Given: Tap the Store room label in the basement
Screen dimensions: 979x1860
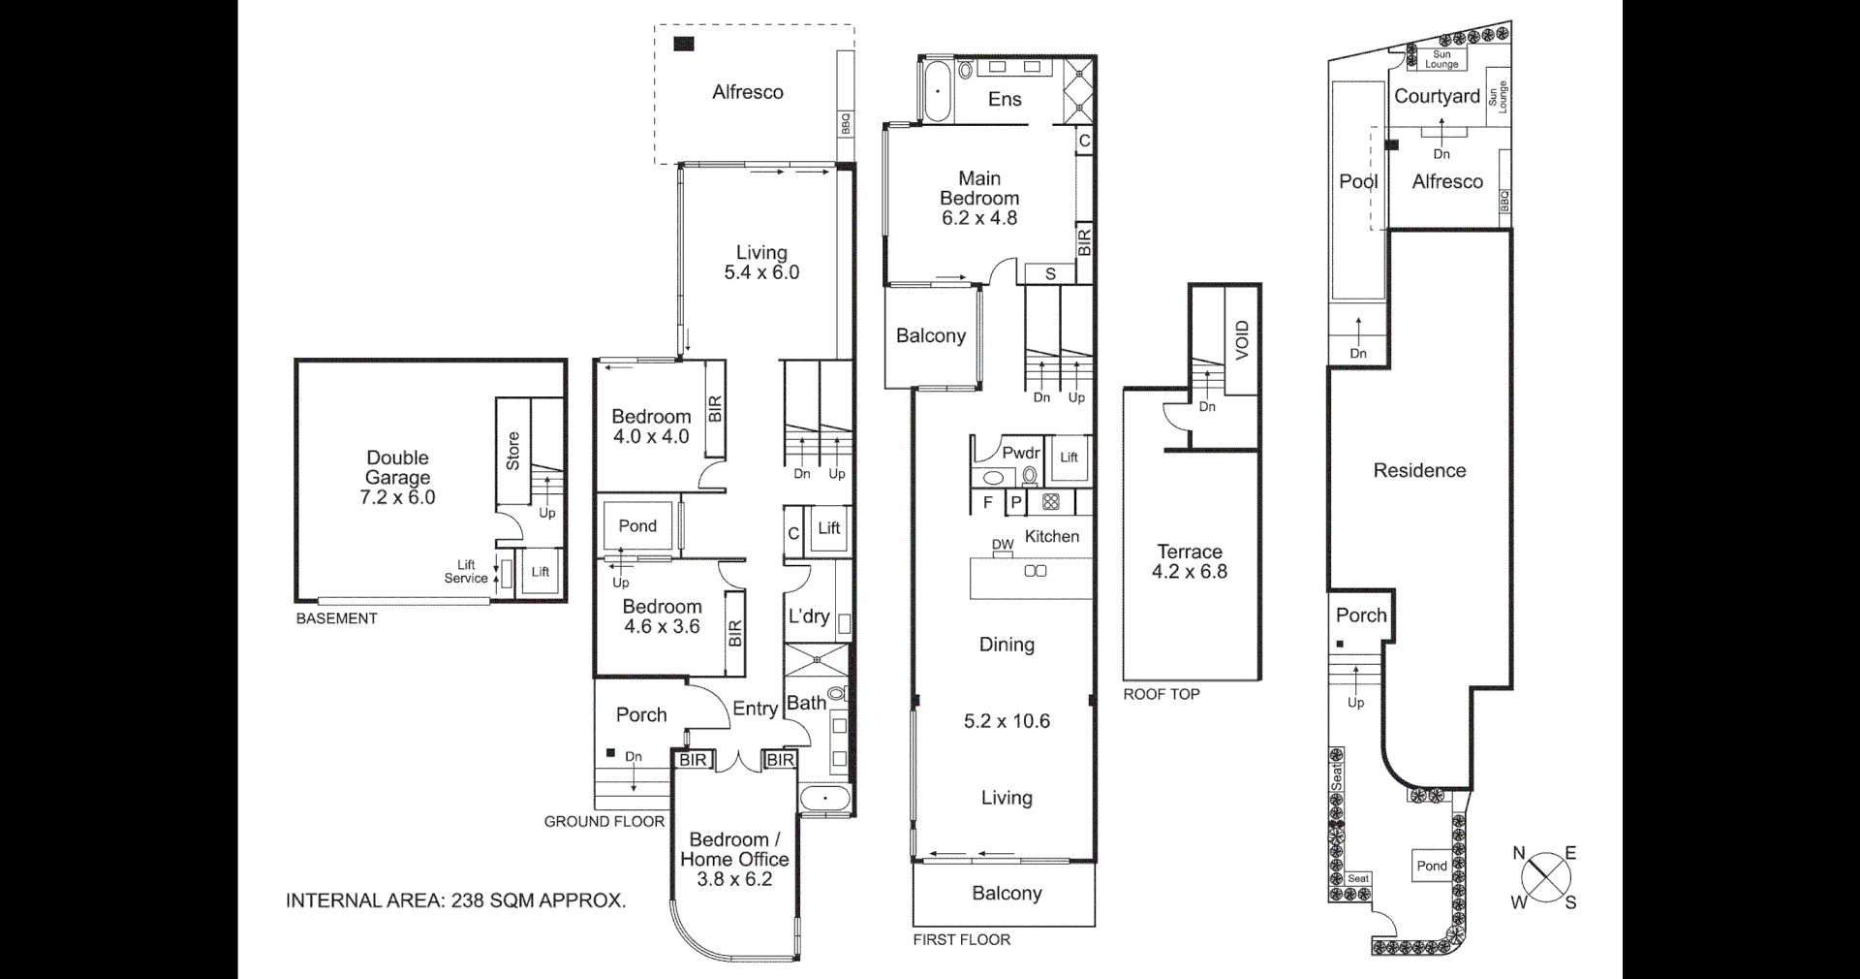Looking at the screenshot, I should pos(512,451).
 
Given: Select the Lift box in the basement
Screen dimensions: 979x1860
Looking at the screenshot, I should pos(541,572).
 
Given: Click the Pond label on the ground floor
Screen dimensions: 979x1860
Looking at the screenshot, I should pos(637,525).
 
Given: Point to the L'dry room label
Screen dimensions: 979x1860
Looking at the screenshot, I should pos(808,616).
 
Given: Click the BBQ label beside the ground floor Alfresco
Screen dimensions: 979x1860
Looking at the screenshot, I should pos(846,124).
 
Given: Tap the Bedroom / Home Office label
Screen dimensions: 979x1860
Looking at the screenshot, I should pos(734,849).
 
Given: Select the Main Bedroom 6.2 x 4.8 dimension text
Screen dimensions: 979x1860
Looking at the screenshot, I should pos(979,218).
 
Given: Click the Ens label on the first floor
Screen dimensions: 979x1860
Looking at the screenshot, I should pos(1005,99).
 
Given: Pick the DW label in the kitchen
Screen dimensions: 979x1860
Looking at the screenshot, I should pos(1003,545).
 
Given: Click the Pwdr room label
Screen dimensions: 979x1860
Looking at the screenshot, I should pos(1020,453).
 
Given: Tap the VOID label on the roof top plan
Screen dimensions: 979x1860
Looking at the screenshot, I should pos(1242,340).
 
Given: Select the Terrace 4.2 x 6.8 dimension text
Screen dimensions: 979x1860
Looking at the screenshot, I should pos(1189,572).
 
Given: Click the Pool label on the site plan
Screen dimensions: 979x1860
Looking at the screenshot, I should pos(1358,181).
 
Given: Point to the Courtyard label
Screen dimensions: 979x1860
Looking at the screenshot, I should pos(1437,96).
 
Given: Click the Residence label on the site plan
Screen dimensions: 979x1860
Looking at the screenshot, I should pos(1419,470).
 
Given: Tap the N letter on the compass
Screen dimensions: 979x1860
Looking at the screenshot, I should pos(1519,853).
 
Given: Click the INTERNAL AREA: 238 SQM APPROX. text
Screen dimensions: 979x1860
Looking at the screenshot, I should pos(455,900).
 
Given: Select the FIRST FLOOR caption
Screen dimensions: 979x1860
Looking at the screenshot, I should pos(961,939).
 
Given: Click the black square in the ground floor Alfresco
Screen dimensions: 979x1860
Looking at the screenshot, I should pos(684,44).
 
